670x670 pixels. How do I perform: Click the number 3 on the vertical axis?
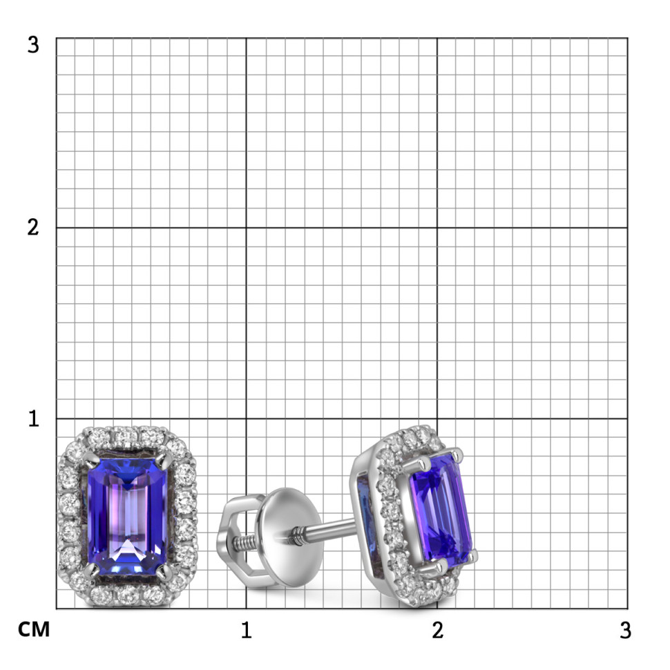pyautogui.click(x=33, y=45)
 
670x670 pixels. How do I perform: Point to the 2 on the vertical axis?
pyautogui.click(x=33, y=227)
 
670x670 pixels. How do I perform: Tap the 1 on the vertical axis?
pyautogui.click(x=33, y=419)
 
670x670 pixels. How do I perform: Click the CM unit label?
pyautogui.click(x=34, y=629)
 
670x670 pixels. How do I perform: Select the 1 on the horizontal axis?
pyautogui.click(x=246, y=630)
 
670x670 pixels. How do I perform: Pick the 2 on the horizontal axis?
pyautogui.click(x=437, y=630)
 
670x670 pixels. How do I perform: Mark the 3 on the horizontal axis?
pyautogui.click(x=626, y=630)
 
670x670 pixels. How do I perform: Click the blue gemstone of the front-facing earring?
pyautogui.click(x=127, y=516)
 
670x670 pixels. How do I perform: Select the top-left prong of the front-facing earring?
pyautogui.click(x=90, y=459)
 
